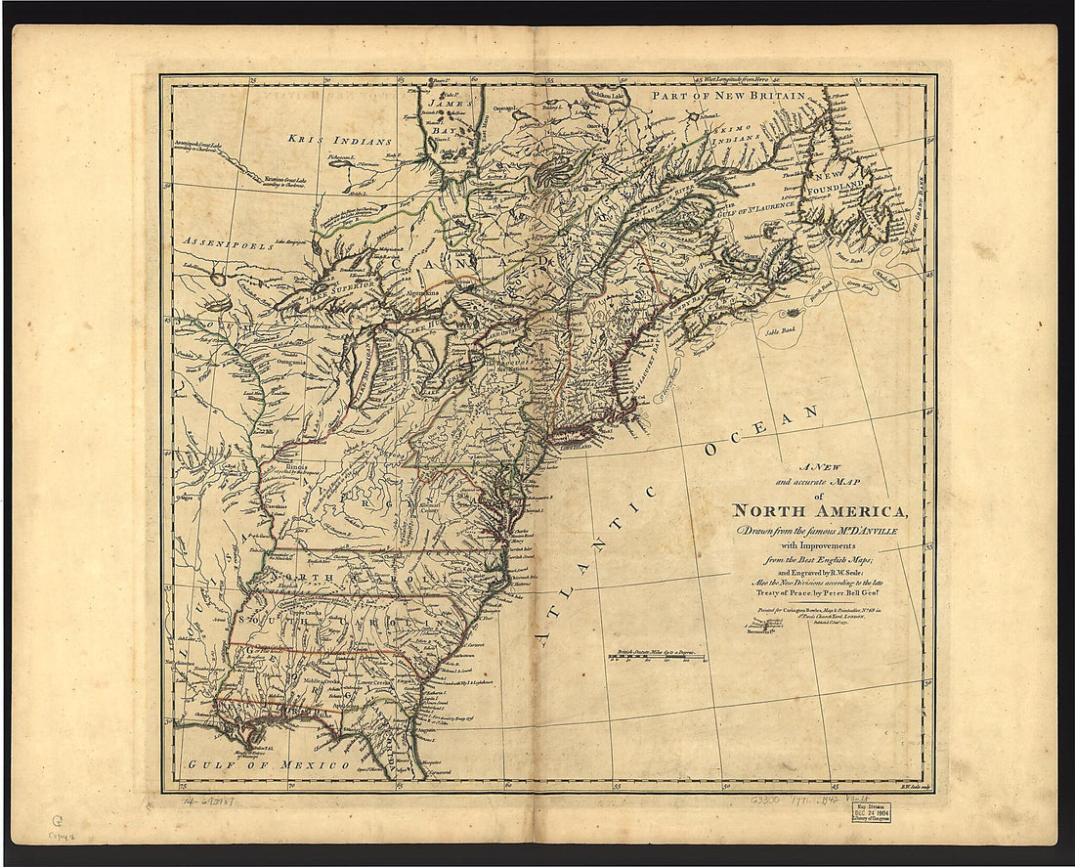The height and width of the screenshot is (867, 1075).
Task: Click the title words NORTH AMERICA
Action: pyautogui.click(x=821, y=510)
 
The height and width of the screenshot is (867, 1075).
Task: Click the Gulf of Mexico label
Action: pyautogui.click(x=269, y=764)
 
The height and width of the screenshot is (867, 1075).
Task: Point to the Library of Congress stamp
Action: pyautogui.click(x=870, y=810)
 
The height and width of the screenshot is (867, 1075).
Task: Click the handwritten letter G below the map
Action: pyautogui.click(x=57, y=822)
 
